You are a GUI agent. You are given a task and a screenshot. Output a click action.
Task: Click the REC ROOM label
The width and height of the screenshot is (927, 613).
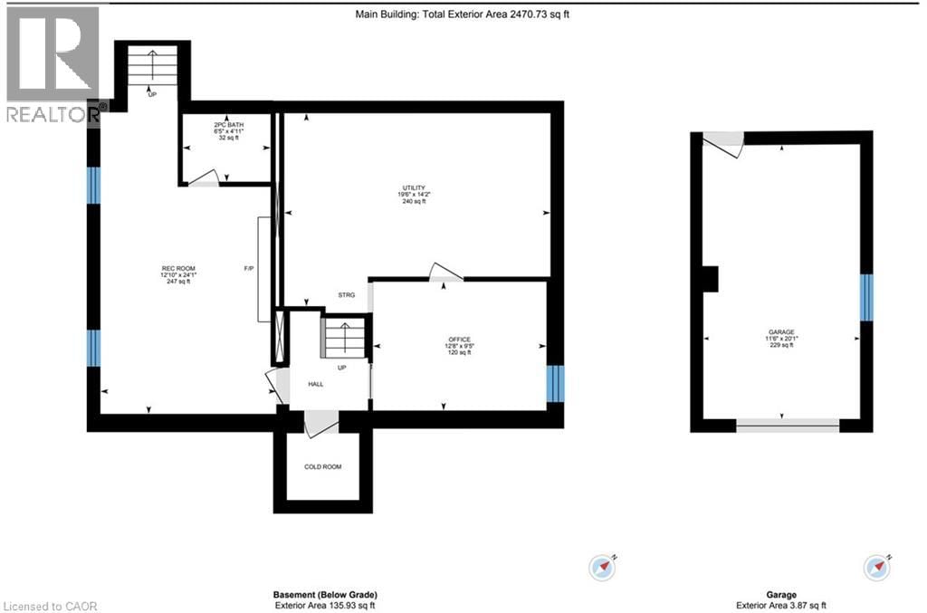pos(178,268)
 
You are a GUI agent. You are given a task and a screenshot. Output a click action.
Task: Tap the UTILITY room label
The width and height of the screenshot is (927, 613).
pos(415,187)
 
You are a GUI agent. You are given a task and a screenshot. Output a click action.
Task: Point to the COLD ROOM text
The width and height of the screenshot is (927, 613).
pos(323,467)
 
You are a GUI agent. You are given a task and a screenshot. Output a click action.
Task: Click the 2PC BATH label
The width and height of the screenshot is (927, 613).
pos(228,124)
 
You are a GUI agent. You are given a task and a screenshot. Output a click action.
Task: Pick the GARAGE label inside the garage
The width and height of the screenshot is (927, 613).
pos(781,332)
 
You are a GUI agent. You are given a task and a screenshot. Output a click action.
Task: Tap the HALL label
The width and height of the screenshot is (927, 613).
pos(315,384)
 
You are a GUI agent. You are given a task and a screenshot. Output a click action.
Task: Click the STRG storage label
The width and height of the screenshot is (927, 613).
pos(346,295)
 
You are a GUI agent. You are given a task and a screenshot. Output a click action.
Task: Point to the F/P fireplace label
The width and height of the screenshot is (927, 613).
pos(249,268)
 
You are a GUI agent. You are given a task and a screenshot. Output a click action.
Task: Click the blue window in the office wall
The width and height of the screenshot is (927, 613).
pos(555,383)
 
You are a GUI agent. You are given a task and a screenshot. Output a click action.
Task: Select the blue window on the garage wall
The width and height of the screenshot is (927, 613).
pos(866,297)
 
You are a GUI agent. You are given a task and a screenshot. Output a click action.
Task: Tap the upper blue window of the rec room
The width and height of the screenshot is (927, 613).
pos(93,187)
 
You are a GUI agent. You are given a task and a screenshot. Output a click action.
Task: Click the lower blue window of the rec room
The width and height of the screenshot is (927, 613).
pos(93,348)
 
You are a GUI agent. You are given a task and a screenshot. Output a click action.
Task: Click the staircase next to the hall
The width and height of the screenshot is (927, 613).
pos(344,340)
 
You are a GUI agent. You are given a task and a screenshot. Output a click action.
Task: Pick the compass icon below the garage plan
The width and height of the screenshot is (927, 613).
pos(878,568)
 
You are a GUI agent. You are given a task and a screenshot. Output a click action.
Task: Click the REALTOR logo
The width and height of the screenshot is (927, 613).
pos(53,63)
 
